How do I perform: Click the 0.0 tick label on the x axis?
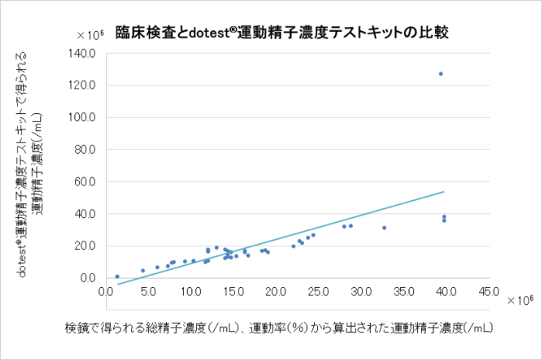tap(106, 293)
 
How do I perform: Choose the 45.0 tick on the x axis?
tap(488, 293)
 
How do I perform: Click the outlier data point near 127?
tap(440, 74)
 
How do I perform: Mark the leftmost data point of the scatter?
tap(117, 276)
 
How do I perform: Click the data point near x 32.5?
tap(384, 228)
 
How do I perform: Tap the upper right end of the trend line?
tap(444, 192)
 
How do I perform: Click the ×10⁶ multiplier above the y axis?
tap(91, 34)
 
